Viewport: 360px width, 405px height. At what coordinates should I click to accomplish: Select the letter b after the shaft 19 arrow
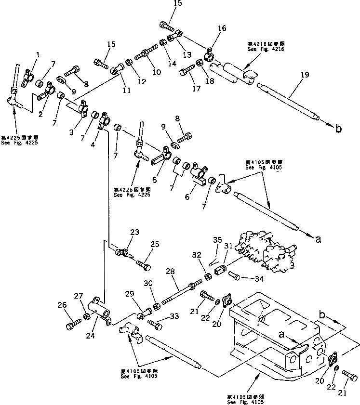tap(338, 129)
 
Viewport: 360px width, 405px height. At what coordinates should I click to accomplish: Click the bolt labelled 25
tap(143, 264)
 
